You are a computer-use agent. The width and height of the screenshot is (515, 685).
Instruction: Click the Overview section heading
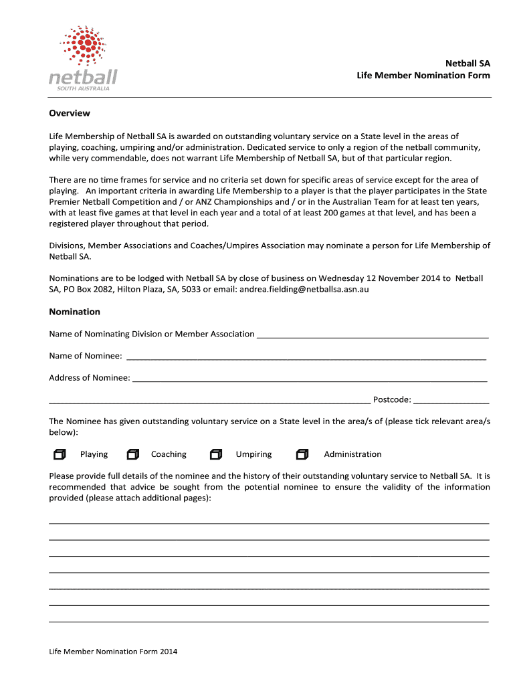(x=70, y=113)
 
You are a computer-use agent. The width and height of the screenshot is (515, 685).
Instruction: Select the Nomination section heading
(x=74, y=312)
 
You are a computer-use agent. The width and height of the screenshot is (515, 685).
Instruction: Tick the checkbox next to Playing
(x=60, y=455)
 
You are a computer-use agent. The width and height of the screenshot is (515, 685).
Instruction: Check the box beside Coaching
(x=133, y=455)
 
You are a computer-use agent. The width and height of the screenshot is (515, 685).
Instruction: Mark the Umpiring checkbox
(x=215, y=455)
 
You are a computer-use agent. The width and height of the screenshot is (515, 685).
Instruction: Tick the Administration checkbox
(x=302, y=455)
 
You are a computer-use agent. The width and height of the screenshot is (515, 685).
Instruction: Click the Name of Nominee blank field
(x=306, y=356)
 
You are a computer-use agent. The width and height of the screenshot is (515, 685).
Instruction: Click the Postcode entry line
(x=451, y=400)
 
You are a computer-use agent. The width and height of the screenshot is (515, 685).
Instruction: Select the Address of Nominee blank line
(x=310, y=378)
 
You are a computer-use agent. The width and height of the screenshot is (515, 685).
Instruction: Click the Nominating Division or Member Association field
(x=373, y=334)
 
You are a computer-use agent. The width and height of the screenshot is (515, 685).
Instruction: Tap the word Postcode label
(x=391, y=400)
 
